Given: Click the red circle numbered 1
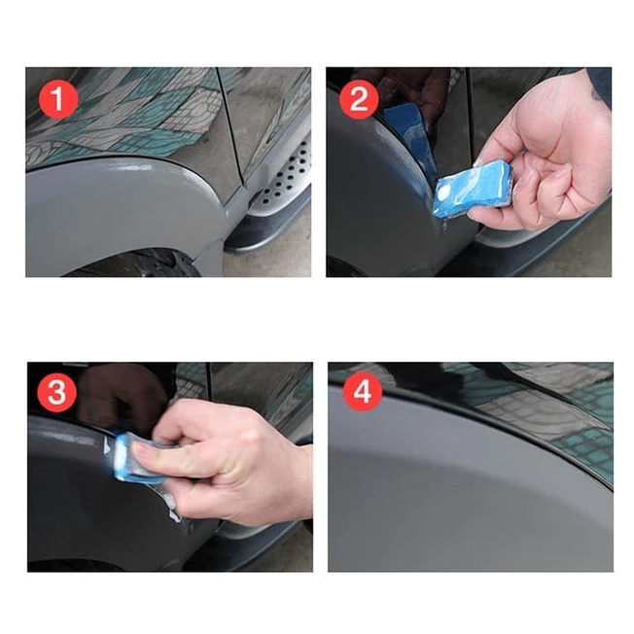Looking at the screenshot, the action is [58, 99].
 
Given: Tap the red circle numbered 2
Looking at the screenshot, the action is [359, 99].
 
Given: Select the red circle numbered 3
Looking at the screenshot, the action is [57, 392].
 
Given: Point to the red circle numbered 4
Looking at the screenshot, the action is [363, 391].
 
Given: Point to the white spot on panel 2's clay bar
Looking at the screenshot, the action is [444, 192].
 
